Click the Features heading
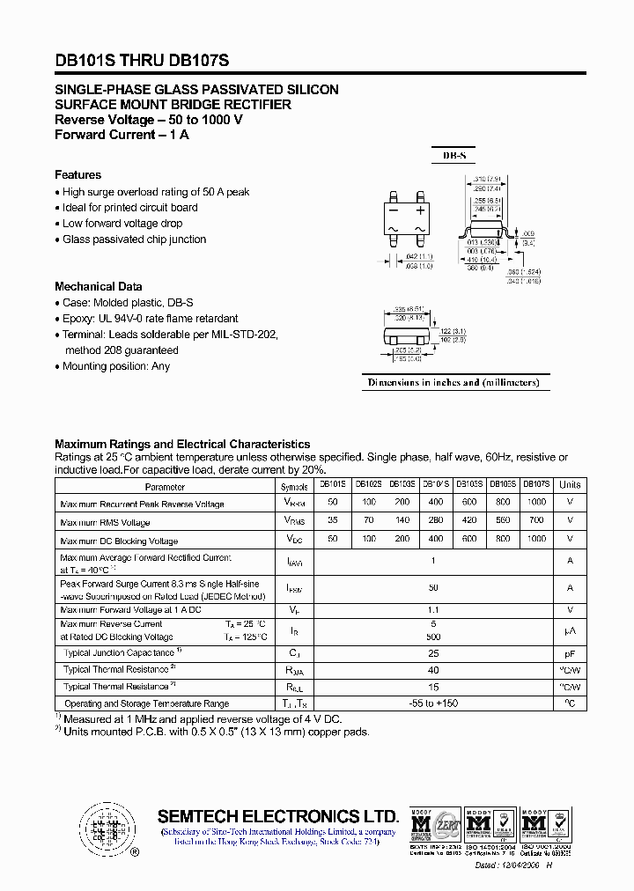(x=77, y=175)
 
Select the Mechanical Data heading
(x=98, y=287)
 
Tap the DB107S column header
(x=536, y=484)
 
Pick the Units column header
(x=570, y=485)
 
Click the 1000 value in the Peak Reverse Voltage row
(x=536, y=503)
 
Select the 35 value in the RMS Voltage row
(x=332, y=521)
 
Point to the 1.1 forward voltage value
(x=432, y=609)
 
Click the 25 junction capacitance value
(x=432, y=654)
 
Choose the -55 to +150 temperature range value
(x=432, y=703)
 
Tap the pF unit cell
(x=570, y=654)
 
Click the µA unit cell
(x=570, y=630)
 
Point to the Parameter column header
(x=165, y=486)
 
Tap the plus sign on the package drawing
(x=420, y=211)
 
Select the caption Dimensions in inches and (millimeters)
(x=455, y=382)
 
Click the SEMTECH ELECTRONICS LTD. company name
(x=278, y=816)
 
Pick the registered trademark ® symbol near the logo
(x=134, y=852)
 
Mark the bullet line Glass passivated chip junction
(x=134, y=239)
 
